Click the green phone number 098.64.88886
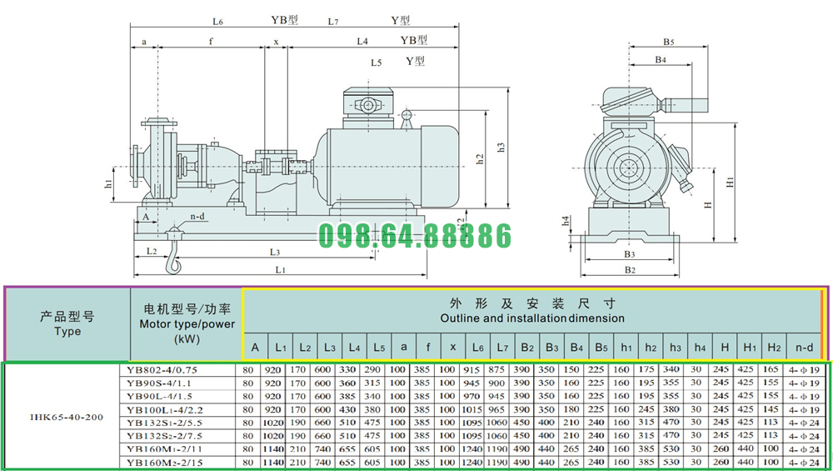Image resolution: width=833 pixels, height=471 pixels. (416, 236)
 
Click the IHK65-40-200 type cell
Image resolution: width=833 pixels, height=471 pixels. (67, 415)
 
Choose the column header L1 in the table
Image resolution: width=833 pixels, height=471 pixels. (281, 347)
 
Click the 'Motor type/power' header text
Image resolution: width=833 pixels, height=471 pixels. (187, 324)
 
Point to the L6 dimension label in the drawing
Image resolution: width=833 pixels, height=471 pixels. (217, 22)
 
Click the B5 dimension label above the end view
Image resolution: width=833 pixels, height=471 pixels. (669, 42)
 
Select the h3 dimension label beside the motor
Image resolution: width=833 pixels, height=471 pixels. (501, 148)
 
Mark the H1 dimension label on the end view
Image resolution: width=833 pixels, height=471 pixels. (730, 180)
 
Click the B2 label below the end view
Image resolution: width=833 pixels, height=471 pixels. (631, 269)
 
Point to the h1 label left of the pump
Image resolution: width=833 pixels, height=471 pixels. (108, 183)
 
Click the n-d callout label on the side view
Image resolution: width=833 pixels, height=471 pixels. (197, 216)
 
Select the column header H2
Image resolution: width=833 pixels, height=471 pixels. (772, 347)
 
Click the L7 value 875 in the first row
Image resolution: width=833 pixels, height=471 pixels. (497, 368)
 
